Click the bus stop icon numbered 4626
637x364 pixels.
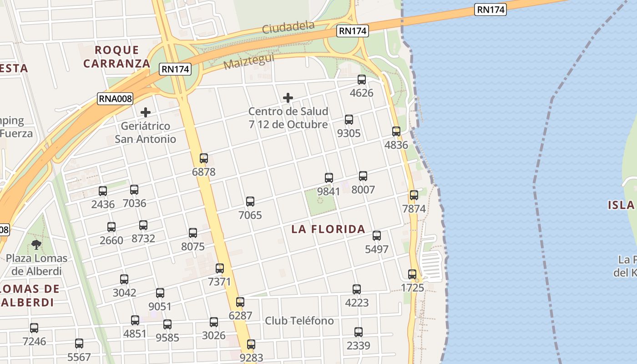(x=362, y=80)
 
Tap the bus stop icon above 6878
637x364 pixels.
(x=204, y=158)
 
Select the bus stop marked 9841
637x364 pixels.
(x=329, y=178)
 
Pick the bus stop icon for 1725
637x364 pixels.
(x=412, y=274)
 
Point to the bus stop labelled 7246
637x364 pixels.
(x=34, y=328)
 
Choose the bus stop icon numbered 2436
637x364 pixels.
(x=103, y=191)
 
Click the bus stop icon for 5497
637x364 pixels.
(x=377, y=236)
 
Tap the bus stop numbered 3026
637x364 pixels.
(x=214, y=322)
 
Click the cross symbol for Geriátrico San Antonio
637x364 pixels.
(x=146, y=112)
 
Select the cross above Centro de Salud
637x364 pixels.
(x=288, y=98)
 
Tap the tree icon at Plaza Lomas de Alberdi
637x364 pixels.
(x=36, y=245)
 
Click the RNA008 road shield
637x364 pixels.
(x=115, y=98)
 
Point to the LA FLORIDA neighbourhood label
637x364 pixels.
(x=328, y=229)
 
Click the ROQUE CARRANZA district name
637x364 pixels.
(x=116, y=56)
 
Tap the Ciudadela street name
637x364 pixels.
(x=288, y=28)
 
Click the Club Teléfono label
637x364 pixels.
(x=299, y=321)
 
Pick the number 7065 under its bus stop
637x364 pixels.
(x=250, y=215)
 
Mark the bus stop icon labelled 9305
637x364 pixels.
(x=349, y=120)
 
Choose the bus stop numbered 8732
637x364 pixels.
(x=143, y=225)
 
